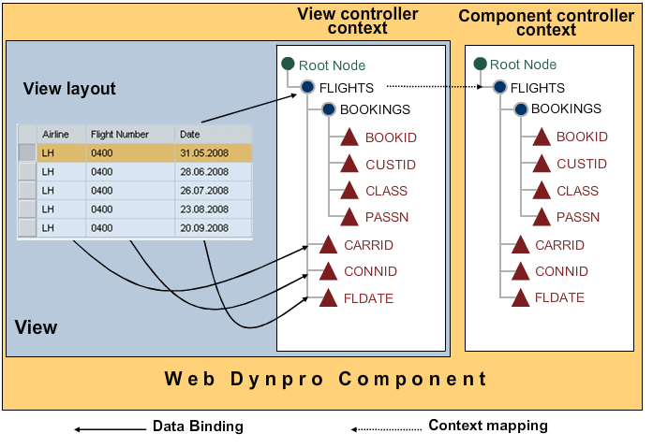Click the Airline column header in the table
pos(55,135)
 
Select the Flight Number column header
pos(119,135)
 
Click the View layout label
pos(69,89)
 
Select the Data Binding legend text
pos(198,426)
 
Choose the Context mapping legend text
pos(487,426)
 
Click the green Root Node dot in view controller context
pos(289,64)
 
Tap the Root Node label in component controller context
pos(523,65)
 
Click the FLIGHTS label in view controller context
pos(346,88)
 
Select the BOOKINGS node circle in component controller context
pos(520,108)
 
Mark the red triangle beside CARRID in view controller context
pos(328,245)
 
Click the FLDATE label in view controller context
pos(368,298)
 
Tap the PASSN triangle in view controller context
pos(349,217)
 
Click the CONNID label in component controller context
pos(561,271)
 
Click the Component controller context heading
pos(546,22)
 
